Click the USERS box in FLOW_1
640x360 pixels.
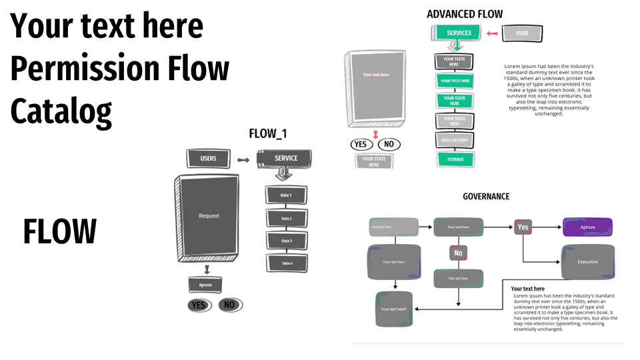pyautogui.click(x=208, y=159)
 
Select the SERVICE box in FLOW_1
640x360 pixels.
pyautogui.click(x=286, y=158)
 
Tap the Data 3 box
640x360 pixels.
pyautogui.click(x=287, y=241)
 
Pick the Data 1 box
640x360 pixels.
pyautogui.click(x=287, y=195)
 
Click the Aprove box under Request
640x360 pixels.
pyautogui.click(x=205, y=285)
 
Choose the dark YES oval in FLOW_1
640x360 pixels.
pyautogui.click(x=199, y=305)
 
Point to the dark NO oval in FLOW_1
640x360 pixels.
pyautogui.click(x=230, y=305)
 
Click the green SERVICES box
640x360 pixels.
pyautogui.click(x=459, y=33)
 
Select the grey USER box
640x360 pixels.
pyautogui.click(x=521, y=33)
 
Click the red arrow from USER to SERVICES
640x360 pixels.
pyautogui.click(x=492, y=33)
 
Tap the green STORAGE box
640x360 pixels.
pyautogui.click(x=455, y=159)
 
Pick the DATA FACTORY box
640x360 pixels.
pyautogui.click(x=455, y=141)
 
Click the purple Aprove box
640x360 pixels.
pyautogui.click(x=587, y=227)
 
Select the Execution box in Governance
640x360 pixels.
pyautogui.click(x=587, y=261)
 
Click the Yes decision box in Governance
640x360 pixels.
pyautogui.click(x=523, y=227)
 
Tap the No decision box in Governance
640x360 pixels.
pyautogui.click(x=458, y=253)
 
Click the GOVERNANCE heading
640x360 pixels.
pyautogui.click(x=486, y=196)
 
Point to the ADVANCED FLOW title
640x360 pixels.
pyautogui.click(x=465, y=14)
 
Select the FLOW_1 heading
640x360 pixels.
pyautogui.click(x=268, y=133)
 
